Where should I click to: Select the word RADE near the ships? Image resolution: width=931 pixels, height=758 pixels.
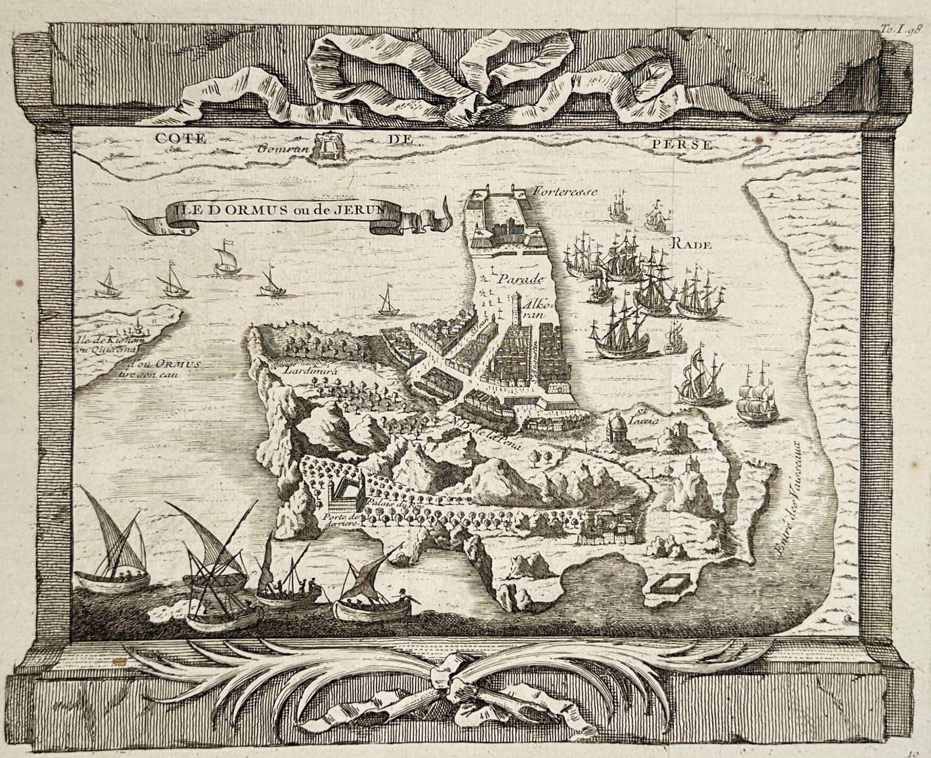pos(692,245)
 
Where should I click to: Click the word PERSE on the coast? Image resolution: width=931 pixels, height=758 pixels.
pos(691,144)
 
